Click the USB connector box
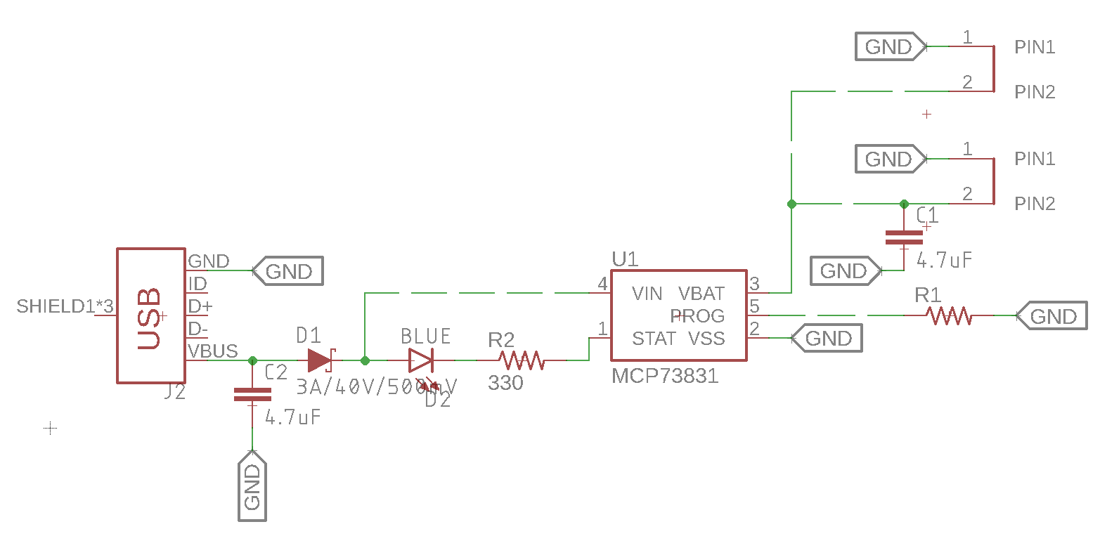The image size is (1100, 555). point(150,315)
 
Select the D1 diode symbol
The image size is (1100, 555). point(320,360)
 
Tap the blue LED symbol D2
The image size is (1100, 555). point(421,361)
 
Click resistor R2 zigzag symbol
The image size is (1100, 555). point(522,360)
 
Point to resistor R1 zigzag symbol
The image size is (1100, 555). point(949,316)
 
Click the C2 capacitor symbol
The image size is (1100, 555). point(252,395)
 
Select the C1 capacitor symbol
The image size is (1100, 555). point(904,237)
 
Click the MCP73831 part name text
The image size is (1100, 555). point(665,377)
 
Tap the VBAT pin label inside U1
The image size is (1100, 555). point(701,294)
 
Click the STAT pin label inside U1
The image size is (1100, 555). point(653,339)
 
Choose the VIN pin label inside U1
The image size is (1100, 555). point(647,294)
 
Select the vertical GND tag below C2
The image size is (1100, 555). point(252,487)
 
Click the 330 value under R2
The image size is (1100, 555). point(505,383)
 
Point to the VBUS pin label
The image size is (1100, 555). point(213,351)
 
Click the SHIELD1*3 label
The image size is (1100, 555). point(65,306)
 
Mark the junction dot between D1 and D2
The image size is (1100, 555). point(365,360)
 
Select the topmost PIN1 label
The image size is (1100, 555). point(1035,47)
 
